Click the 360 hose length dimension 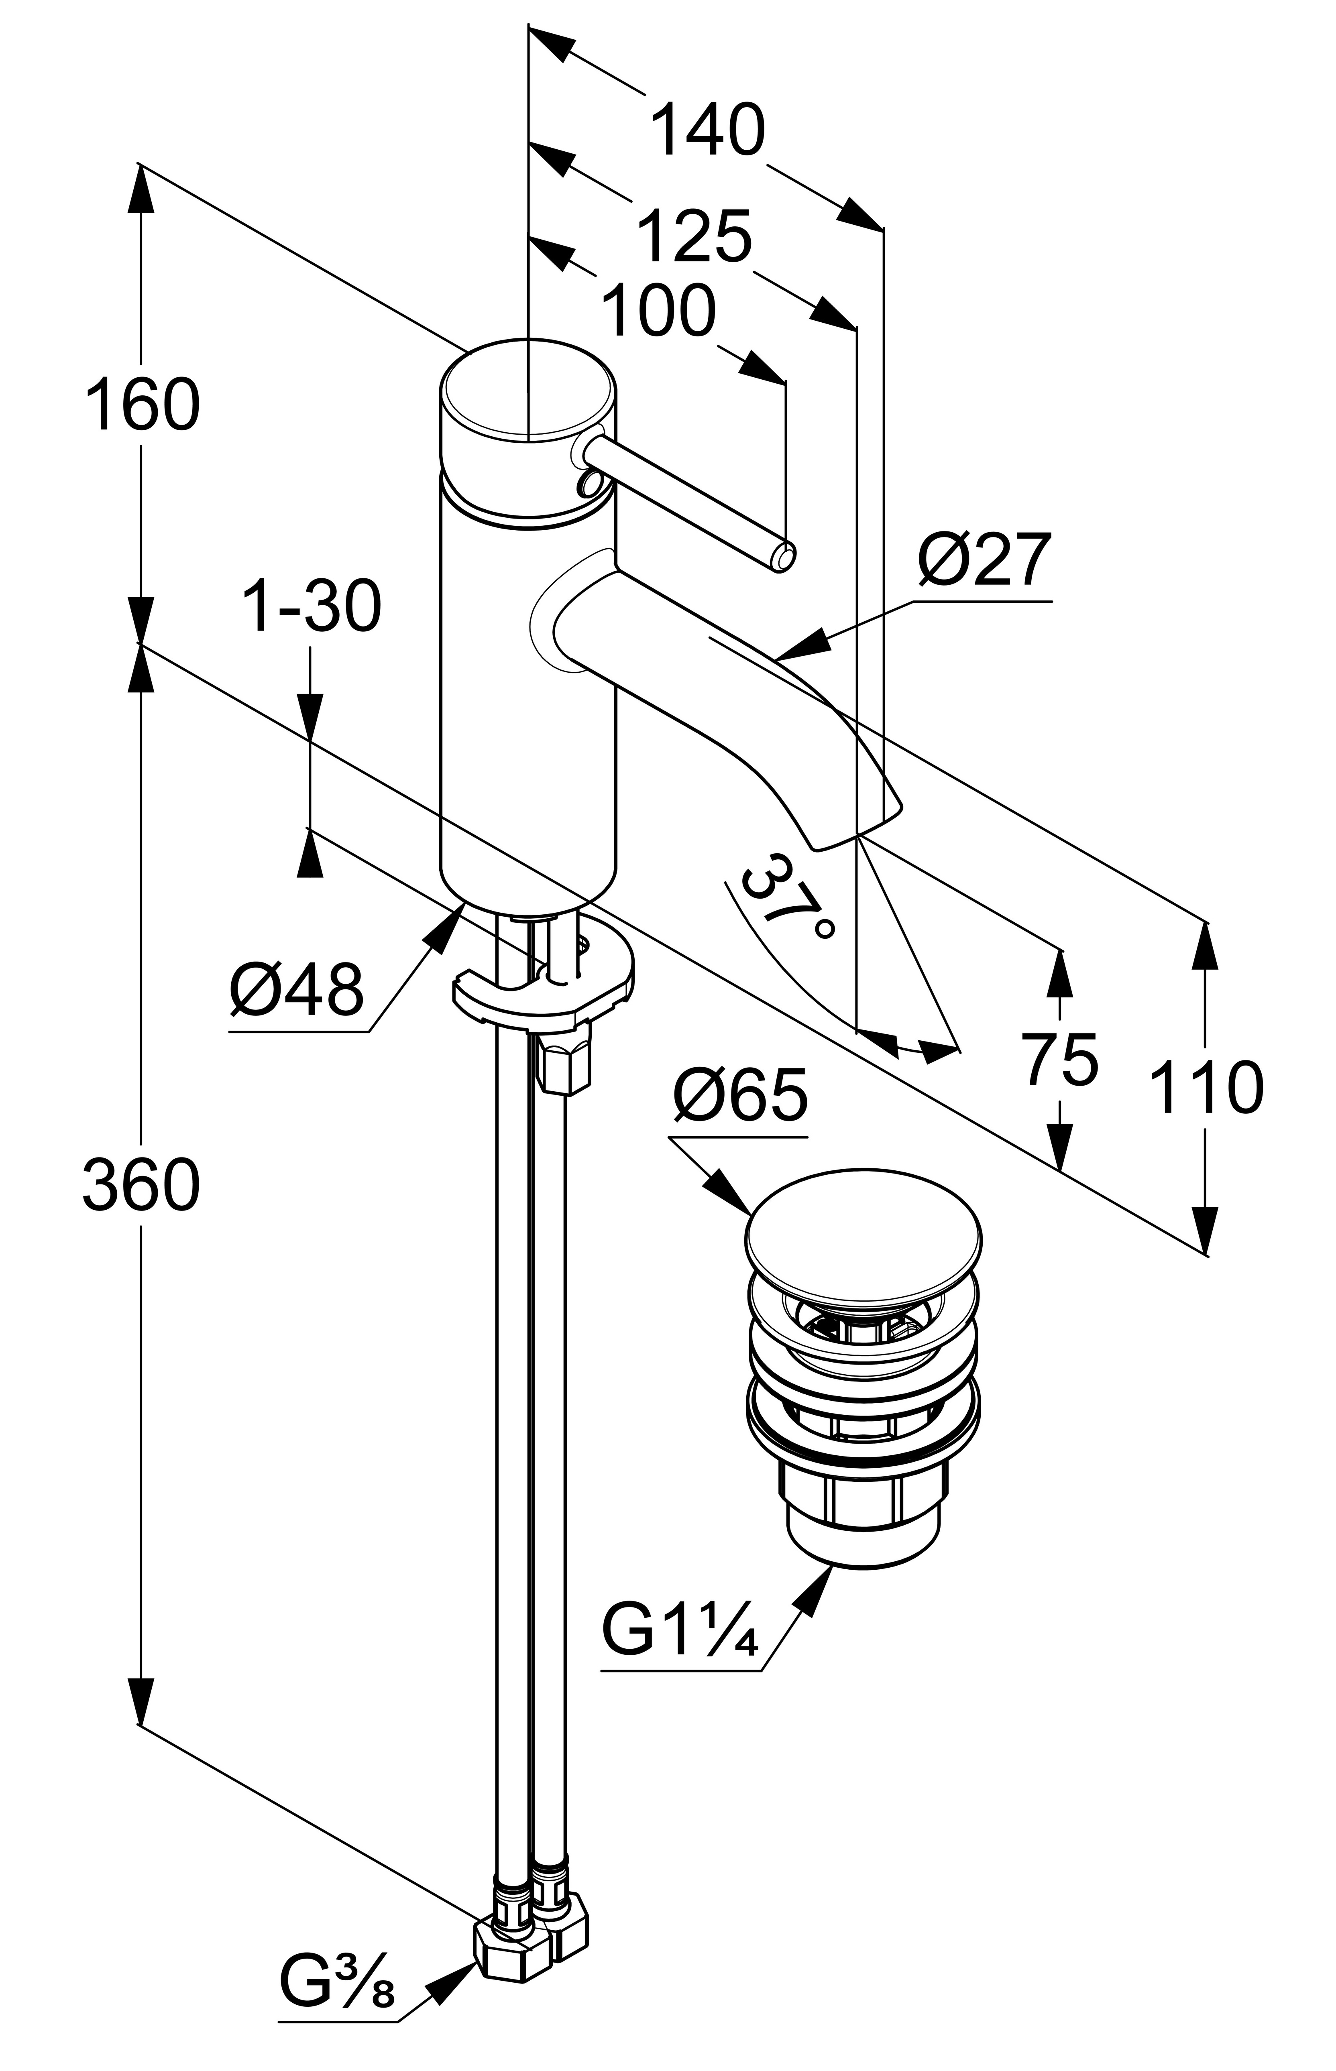(x=141, y=1186)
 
